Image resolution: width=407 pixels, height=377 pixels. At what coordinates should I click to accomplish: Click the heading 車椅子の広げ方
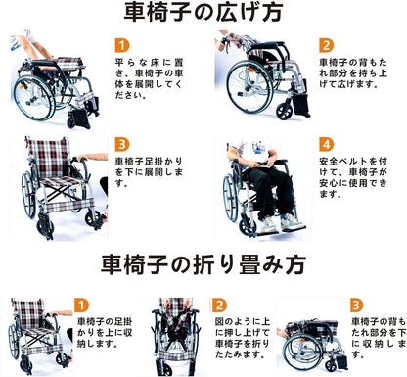pyautogui.click(x=203, y=12)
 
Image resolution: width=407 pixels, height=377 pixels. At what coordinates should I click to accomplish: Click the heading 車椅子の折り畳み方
pyautogui.click(x=203, y=264)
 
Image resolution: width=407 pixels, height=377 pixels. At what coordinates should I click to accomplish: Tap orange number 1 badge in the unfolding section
pyautogui.click(x=122, y=45)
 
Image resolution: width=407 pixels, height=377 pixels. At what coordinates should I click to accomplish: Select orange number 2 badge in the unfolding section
pyautogui.click(x=326, y=45)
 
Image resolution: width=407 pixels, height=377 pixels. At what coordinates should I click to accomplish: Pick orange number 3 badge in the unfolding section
pyautogui.click(x=122, y=144)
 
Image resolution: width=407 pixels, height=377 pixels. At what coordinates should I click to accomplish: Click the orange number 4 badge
pyautogui.click(x=326, y=144)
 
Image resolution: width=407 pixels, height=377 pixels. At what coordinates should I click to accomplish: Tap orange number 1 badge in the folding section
pyautogui.click(x=81, y=306)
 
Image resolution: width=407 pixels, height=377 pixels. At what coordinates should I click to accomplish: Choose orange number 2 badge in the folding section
pyautogui.click(x=219, y=306)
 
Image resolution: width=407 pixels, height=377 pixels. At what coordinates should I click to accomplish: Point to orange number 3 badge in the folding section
pyautogui.click(x=357, y=306)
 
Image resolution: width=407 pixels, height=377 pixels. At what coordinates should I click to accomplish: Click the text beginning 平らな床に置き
pyautogui.click(x=149, y=78)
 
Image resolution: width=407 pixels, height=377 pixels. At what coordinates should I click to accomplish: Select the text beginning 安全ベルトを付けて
pyautogui.click(x=353, y=178)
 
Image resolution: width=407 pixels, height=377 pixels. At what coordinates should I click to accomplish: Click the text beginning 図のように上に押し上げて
pyautogui.click(x=243, y=338)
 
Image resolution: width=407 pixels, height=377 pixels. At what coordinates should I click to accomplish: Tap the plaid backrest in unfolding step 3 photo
pyautogui.click(x=48, y=158)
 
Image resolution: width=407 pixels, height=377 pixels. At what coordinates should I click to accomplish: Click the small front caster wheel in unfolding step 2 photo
pyautogui.click(x=284, y=112)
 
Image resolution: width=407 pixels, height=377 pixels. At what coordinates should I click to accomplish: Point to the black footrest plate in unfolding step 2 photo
pyautogui.click(x=301, y=106)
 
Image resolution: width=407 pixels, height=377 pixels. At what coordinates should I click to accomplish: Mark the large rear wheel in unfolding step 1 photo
pyautogui.click(x=33, y=98)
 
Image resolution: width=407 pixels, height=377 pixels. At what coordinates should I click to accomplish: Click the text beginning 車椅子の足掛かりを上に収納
pyautogui.click(x=105, y=333)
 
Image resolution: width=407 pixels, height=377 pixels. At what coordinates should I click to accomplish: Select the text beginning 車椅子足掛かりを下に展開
pyautogui.click(x=149, y=172)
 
